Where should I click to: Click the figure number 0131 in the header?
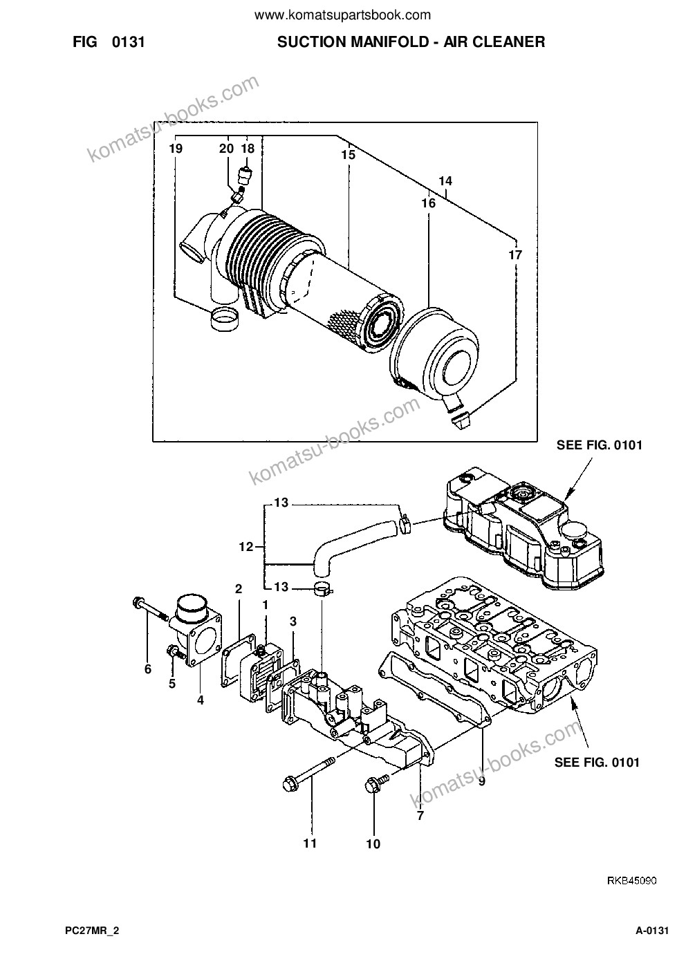point(128,42)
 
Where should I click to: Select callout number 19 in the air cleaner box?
point(176,149)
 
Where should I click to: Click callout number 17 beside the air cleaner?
point(515,255)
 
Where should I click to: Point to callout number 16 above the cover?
point(428,203)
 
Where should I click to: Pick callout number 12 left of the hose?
point(246,547)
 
